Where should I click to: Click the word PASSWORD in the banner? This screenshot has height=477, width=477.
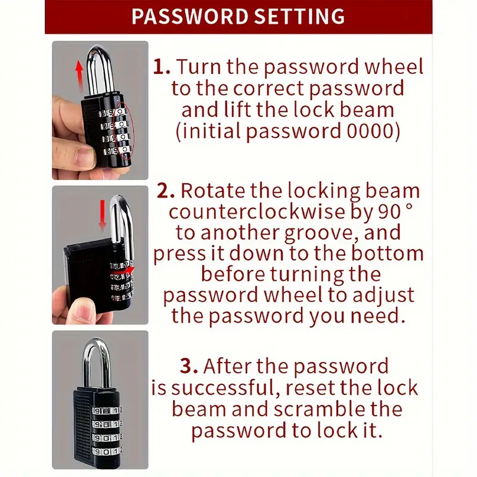[190, 16]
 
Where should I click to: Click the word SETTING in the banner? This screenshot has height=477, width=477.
[300, 16]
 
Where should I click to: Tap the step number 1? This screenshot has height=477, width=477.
[161, 67]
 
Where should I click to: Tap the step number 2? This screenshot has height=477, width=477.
[166, 190]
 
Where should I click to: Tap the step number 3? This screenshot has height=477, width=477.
[189, 366]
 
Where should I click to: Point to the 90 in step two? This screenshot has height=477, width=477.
[390, 212]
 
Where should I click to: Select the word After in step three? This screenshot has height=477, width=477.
[228, 366]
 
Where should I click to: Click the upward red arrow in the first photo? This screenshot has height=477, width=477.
[79, 76]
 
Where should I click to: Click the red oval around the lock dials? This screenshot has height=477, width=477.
[125, 131]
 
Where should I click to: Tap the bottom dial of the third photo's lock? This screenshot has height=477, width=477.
[107, 451]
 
